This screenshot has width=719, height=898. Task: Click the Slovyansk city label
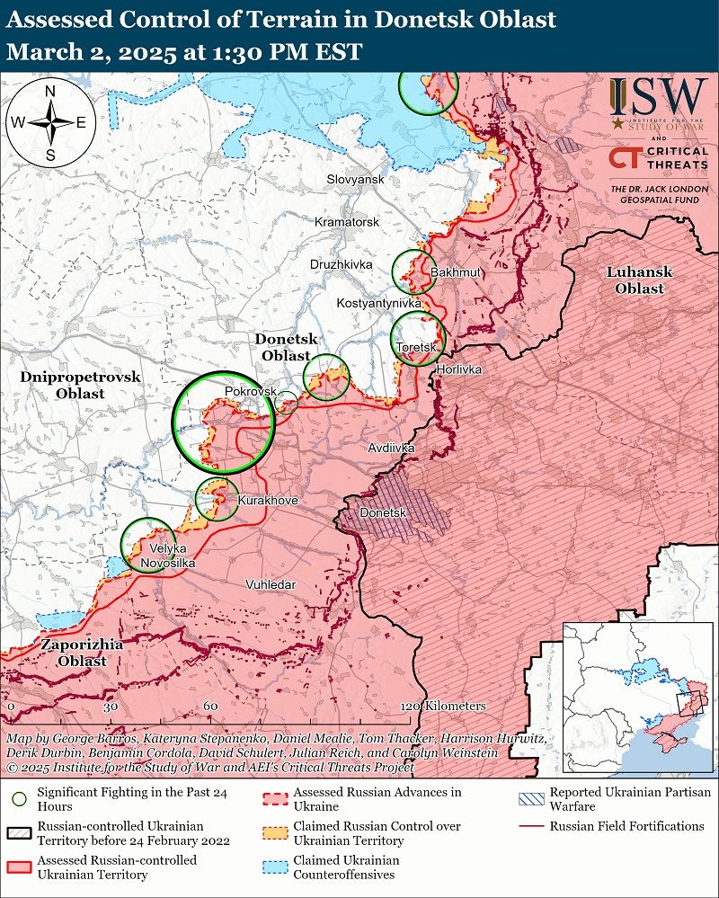point(356,180)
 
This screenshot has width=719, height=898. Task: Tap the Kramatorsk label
point(347,221)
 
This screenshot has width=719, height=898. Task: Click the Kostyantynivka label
point(378,304)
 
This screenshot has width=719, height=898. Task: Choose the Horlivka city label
point(458,369)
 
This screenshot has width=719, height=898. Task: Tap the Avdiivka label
point(391,447)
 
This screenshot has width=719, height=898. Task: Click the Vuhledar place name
point(271,584)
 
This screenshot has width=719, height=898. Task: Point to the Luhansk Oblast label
point(639,280)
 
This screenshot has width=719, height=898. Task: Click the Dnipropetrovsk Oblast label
point(80,386)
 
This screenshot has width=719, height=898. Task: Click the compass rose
point(50,122)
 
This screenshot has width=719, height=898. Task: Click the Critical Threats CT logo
point(623,158)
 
